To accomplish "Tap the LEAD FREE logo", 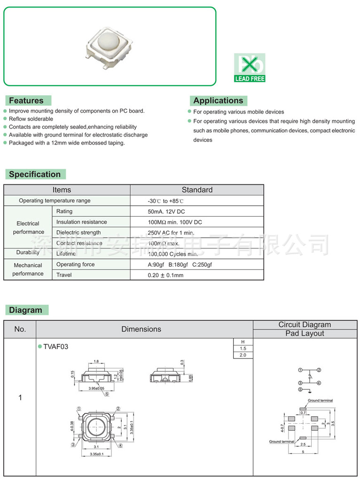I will click(x=250, y=68).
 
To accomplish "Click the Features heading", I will click(x=26, y=101).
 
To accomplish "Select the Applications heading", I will click(x=218, y=101).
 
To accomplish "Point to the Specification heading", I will click(x=35, y=174).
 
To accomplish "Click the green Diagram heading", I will click(x=25, y=310).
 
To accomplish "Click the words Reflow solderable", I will click(x=31, y=119).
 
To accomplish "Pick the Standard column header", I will click(x=197, y=190).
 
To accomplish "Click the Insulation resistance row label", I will click(x=81, y=222).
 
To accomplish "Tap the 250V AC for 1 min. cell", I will click(x=171, y=233).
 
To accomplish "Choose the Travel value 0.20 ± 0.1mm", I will click(x=165, y=275).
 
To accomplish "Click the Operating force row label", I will click(x=75, y=264).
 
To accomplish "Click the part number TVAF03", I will click(x=56, y=347).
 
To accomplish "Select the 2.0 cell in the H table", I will click(x=243, y=355).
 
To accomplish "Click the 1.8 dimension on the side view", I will click(x=96, y=362).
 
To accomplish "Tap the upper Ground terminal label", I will click(x=320, y=401).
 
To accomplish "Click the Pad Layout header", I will click(x=305, y=334).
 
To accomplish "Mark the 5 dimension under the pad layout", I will click(x=303, y=452).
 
